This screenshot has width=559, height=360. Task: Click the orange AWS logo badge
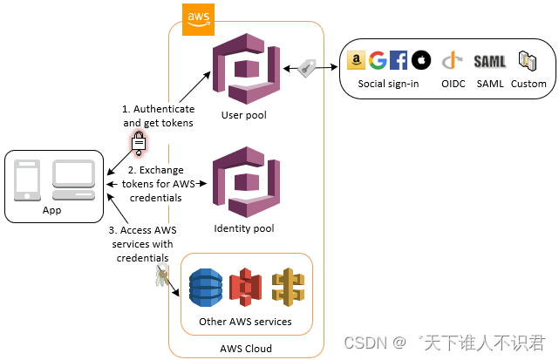click(198, 17)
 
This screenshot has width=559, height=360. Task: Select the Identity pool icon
click(244, 180)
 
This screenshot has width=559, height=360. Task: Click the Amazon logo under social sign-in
click(356, 60)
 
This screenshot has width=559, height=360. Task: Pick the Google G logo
click(377, 60)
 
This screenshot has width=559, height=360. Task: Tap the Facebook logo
click(399, 60)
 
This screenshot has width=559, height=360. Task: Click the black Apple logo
click(420, 60)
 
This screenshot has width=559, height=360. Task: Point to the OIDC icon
click(451, 61)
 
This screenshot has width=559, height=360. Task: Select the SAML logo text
click(490, 61)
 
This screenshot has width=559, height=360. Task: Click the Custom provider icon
click(528, 60)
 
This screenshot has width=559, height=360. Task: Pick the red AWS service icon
click(246, 286)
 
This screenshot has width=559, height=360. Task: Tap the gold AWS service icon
click(287, 286)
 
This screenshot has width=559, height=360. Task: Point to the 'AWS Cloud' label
click(246, 349)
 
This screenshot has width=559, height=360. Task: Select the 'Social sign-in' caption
click(388, 84)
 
